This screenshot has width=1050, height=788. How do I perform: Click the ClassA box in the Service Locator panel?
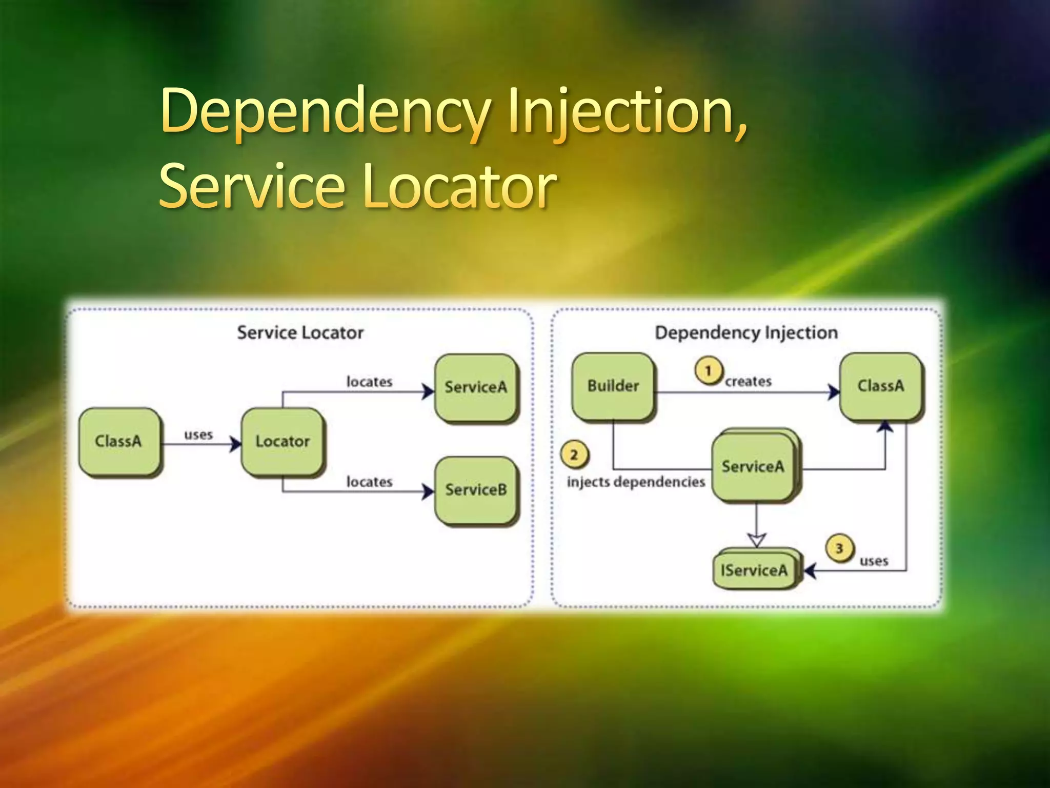(x=119, y=441)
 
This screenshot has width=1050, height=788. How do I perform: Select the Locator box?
(x=282, y=441)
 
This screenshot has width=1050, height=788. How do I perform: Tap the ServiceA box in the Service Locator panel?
(x=475, y=387)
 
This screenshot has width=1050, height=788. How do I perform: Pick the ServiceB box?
(x=475, y=489)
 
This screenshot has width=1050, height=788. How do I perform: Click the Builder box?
(x=613, y=386)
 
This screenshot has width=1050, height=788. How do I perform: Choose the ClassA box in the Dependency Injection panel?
(x=880, y=386)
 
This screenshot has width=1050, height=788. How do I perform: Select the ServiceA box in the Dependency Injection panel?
(x=753, y=466)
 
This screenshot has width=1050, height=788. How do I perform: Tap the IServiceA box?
(x=754, y=570)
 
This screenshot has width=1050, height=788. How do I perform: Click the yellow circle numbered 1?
(x=709, y=370)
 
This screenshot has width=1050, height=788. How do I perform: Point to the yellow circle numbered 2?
(x=574, y=455)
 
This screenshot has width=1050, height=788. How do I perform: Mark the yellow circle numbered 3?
(x=839, y=548)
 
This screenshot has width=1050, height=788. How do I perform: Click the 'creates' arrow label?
(x=748, y=381)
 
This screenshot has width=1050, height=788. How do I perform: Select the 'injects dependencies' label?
(x=636, y=482)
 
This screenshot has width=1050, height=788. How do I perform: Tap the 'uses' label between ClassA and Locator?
(x=198, y=435)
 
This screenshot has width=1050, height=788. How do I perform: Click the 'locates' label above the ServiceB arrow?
(x=369, y=482)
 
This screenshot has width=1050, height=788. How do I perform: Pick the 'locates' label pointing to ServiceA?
(x=369, y=382)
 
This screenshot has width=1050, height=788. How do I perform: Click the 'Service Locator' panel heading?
(x=300, y=332)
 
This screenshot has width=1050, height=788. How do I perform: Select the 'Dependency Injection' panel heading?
(x=746, y=332)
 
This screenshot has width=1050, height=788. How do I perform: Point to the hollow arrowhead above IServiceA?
(x=757, y=540)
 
